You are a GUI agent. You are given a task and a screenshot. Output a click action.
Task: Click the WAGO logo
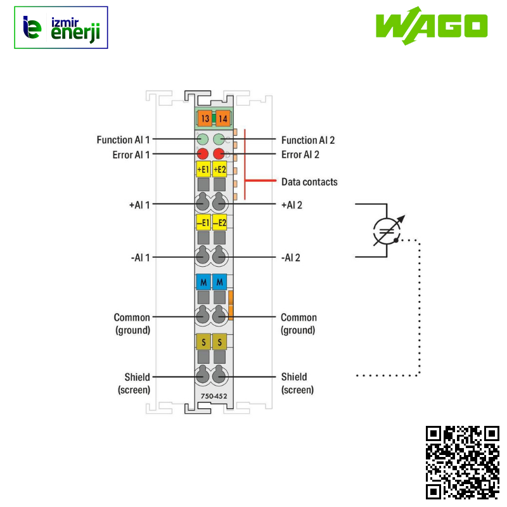pyautogui.click(x=431, y=26)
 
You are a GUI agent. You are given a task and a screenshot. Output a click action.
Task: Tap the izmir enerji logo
pyautogui.click(x=61, y=28)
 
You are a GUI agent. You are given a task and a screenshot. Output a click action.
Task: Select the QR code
pyautogui.click(x=462, y=462)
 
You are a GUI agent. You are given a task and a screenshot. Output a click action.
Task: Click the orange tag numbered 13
pyautogui.click(x=204, y=119)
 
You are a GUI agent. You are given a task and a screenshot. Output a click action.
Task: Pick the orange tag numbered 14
pyautogui.click(x=222, y=119)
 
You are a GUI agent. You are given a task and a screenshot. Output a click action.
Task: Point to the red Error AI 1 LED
pyautogui.click(x=203, y=154)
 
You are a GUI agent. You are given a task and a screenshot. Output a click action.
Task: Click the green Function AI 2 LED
pyautogui.click(x=219, y=139)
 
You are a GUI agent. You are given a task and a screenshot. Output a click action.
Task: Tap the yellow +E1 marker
pyautogui.click(x=203, y=169)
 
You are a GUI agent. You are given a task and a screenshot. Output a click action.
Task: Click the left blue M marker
pyautogui.click(x=203, y=281)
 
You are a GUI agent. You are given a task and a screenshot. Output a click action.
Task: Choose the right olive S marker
pyautogui.click(x=220, y=342)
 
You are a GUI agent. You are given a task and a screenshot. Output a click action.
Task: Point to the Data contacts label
pyautogui.click(x=309, y=182)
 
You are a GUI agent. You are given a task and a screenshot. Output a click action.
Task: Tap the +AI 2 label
pyautogui.click(x=292, y=205)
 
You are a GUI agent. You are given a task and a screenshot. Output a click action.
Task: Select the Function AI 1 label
pyautogui.click(x=123, y=139)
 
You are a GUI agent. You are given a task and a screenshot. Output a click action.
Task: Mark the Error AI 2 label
pyautogui.click(x=300, y=154)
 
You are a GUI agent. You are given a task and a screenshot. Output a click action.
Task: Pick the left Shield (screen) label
pyautogui.click(x=134, y=383)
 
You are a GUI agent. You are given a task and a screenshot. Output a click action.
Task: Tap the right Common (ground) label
pyautogui.click(x=298, y=324)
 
